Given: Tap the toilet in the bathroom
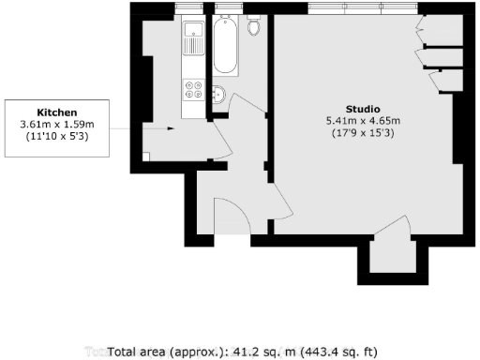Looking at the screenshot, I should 253,27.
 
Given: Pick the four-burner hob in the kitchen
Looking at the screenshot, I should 195,91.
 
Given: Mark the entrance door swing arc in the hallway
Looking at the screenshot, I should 232,217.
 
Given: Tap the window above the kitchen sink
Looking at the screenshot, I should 189,9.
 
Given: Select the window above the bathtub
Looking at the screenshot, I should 229,9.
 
